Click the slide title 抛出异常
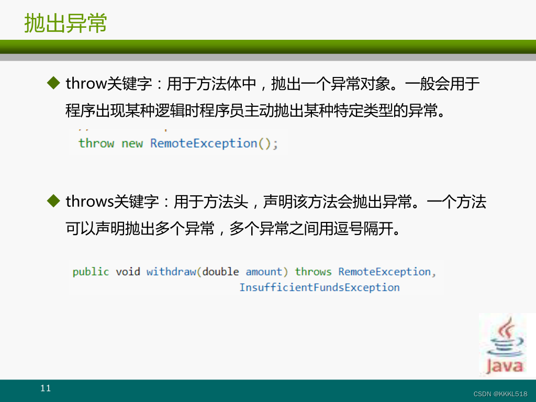pyautogui.click(x=65, y=23)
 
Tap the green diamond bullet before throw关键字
pyautogui.click(x=54, y=83)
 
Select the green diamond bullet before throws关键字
pyautogui.click(x=54, y=200)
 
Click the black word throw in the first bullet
pyautogui.click(x=86, y=83)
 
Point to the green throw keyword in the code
pyautogui.click(x=96, y=143)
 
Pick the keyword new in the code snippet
pyautogui.click(x=132, y=143)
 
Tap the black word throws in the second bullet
pyautogui.click(x=90, y=202)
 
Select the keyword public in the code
pyautogui.click(x=91, y=272)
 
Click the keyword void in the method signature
pyautogui.click(x=128, y=272)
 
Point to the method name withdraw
pyautogui.click(x=171, y=272)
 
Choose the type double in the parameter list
pyautogui.click(x=220, y=272)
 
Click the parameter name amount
pyautogui.click(x=264, y=272)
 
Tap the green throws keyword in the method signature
pyautogui.click(x=313, y=272)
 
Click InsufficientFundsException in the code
pyautogui.click(x=319, y=287)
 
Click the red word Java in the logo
pyautogui.click(x=505, y=366)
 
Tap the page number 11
pyautogui.click(x=46, y=388)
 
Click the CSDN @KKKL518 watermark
pyautogui.click(x=500, y=394)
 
